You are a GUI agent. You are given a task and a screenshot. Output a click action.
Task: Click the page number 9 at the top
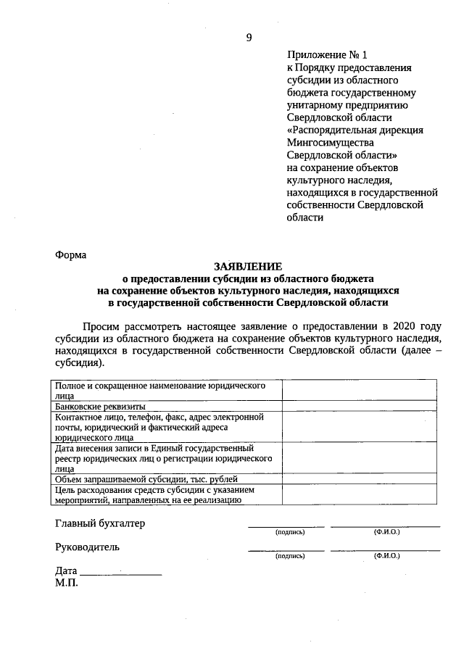(249, 38)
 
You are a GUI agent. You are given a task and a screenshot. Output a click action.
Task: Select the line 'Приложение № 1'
(318, 54)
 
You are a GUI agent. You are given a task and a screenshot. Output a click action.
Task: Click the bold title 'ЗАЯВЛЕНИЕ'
(247, 266)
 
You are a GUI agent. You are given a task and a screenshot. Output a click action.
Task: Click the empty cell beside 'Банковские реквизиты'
(359, 407)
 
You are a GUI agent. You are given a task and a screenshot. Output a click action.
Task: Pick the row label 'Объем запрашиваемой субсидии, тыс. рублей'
(146, 478)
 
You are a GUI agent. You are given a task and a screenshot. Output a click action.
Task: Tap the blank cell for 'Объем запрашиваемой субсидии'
(359, 478)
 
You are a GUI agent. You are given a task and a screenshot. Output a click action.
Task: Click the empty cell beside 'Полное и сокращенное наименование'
(359, 391)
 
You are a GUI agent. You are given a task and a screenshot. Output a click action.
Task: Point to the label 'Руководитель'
(88, 547)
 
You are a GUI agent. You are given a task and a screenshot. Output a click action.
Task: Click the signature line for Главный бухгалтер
(286, 526)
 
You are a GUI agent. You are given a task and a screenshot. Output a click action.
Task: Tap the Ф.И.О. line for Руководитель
(385, 550)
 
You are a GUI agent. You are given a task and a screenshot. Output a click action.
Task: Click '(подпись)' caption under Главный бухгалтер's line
(290, 532)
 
